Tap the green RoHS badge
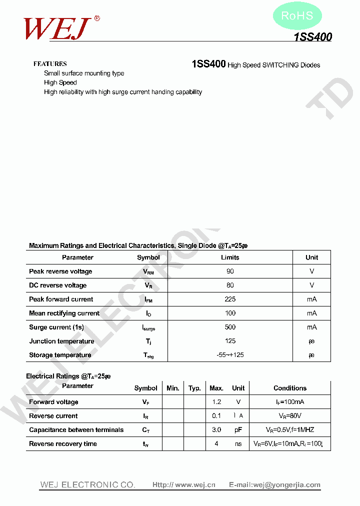pos(297,16)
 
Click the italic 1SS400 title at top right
pos(312,37)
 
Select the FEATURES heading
pos(50,64)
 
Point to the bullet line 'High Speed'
pos(60,82)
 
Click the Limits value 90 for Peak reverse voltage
pos(230,271)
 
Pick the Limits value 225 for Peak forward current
pos(230,299)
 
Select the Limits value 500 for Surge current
pos(230,327)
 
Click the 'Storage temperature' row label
pos(60,355)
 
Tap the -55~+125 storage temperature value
pos(230,355)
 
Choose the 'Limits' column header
pos(230,257)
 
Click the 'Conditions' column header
pos(290,388)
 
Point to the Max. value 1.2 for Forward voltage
pos(216,402)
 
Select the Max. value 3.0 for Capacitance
pos(216,430)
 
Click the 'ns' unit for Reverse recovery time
pos(238,444)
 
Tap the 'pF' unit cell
pos(238,430)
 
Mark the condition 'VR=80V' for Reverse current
pos(290,416)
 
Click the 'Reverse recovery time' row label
pos(63,444)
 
